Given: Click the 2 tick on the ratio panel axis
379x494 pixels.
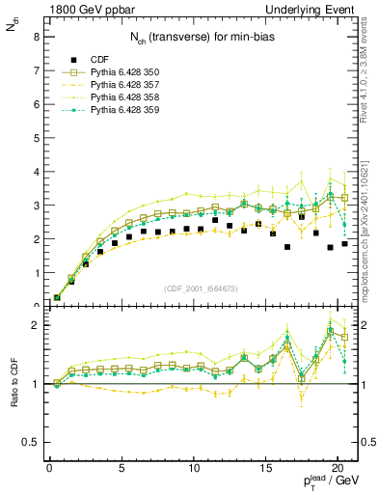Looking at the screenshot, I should pos(36,325).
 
